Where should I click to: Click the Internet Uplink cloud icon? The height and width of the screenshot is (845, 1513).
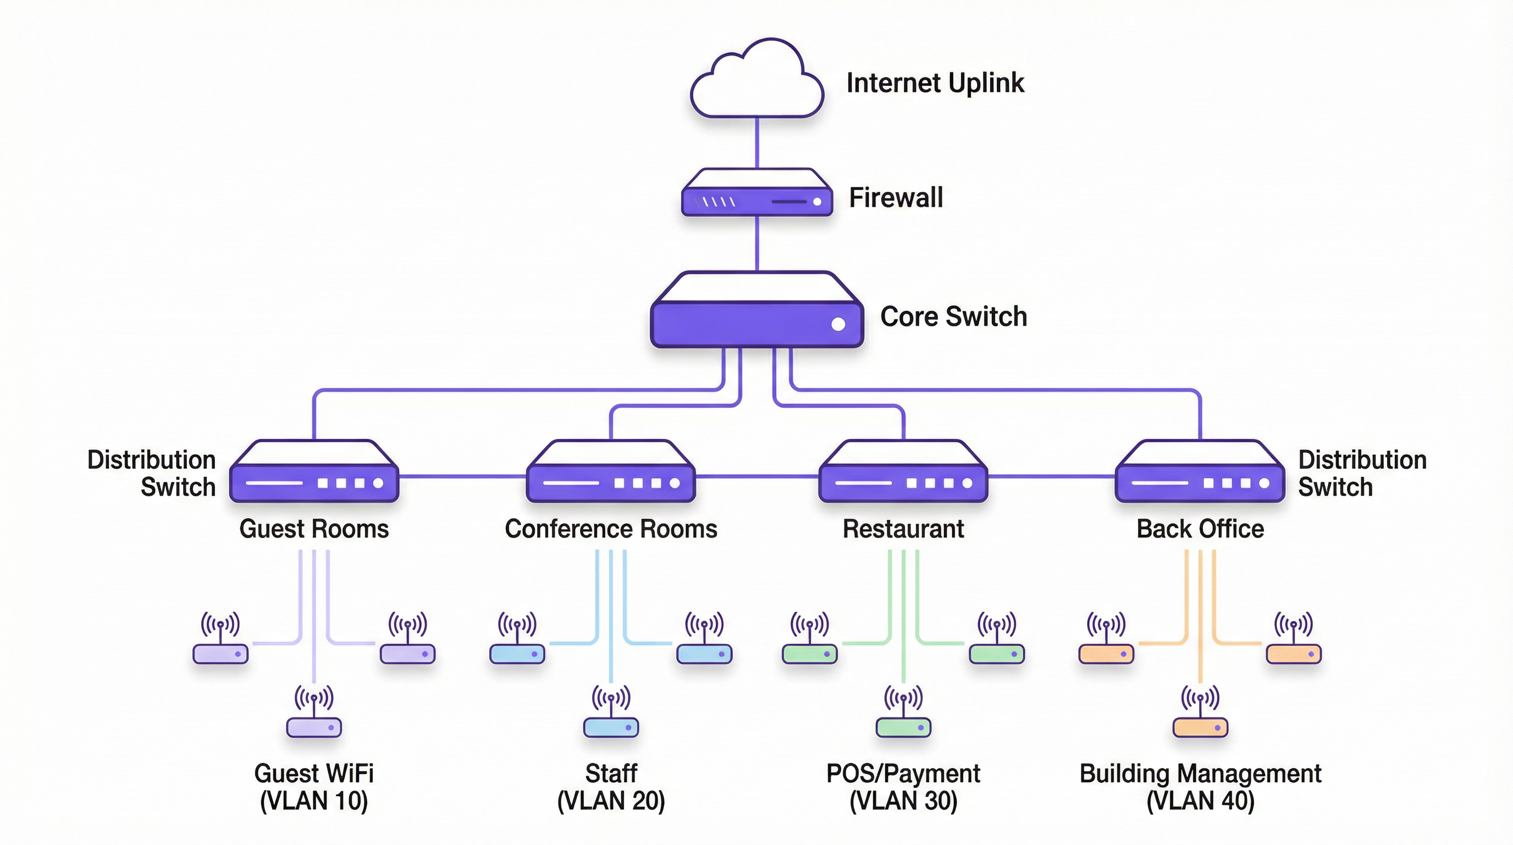click(756, 83)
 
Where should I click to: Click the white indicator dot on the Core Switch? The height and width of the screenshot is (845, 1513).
click(838, 324)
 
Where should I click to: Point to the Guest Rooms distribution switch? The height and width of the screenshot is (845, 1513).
click(314, 473)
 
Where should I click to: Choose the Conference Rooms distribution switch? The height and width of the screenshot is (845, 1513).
click(611, 473)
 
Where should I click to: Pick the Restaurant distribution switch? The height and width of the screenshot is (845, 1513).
click(903, 473)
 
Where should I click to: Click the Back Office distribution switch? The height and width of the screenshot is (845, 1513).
click(1200, 473)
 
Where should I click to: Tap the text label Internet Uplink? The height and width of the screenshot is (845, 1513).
click(935, 83)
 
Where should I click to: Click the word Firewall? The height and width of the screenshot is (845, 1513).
click(896, 197)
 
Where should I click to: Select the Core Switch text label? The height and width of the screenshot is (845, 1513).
click(953, 317)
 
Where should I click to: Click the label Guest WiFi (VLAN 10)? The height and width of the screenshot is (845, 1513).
click(313, 787)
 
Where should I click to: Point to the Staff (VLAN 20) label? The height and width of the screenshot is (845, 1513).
click(611, 787)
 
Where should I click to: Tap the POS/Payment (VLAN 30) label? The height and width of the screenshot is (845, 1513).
click(903, 787)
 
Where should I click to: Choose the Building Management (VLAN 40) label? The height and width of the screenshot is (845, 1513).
click(1200, 787)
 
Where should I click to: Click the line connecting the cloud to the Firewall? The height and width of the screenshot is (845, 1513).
click(756, 143)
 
